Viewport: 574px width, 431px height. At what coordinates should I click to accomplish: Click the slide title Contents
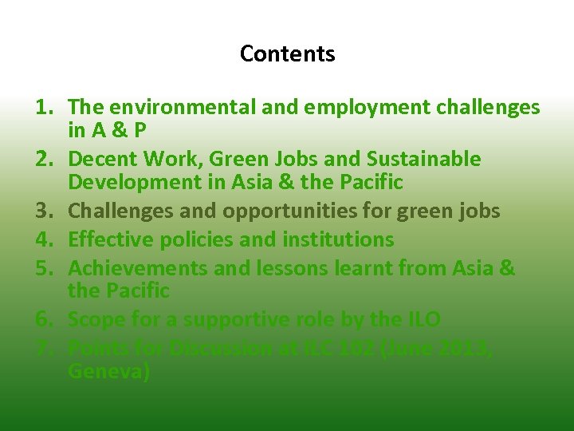(x=287, y=54)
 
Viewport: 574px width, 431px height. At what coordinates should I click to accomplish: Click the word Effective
(x=105, y=239)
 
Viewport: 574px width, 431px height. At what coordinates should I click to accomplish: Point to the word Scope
(x=94, y=320)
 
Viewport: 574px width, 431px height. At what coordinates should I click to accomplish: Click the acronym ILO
(x=421, y=320)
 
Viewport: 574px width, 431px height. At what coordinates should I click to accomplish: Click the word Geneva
(x=108, y=372)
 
